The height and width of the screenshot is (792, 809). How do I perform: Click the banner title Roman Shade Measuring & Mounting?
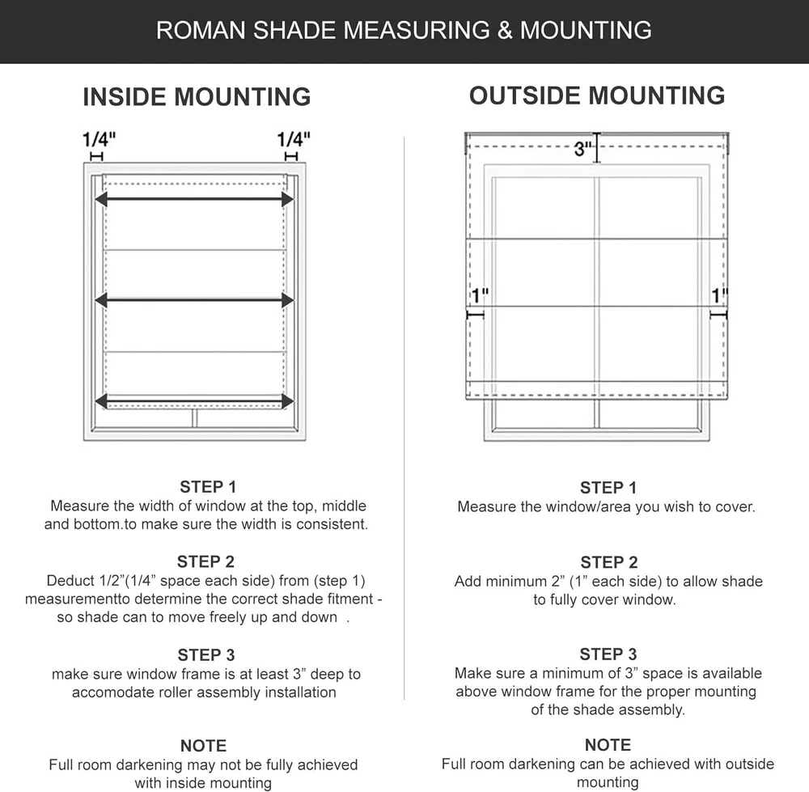[404, 31]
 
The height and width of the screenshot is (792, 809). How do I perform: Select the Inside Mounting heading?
[197, 97]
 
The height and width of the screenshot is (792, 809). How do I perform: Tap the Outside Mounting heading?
[597, 95]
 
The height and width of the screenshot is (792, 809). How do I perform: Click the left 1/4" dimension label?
[99, 139]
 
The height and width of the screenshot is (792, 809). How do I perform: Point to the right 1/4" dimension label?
[294, 139]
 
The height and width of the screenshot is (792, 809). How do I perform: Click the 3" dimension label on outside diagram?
[583, 149]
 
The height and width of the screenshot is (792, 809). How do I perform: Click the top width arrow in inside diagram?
[194, 199]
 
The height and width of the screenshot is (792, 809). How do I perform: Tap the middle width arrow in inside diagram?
[194, 300]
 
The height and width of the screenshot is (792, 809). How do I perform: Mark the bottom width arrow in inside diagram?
[194, 401]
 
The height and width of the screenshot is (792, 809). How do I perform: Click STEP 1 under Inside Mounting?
[208, 487]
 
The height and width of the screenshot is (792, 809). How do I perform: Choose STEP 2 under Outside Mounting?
[608, 562]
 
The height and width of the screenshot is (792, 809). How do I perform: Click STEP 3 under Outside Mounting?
[608, 654]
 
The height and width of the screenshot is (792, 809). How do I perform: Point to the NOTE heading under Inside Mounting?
[203, 746]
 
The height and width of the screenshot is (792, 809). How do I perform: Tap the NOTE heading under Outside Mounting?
[608, 745]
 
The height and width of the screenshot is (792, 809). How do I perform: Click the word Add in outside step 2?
[468, 582]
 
